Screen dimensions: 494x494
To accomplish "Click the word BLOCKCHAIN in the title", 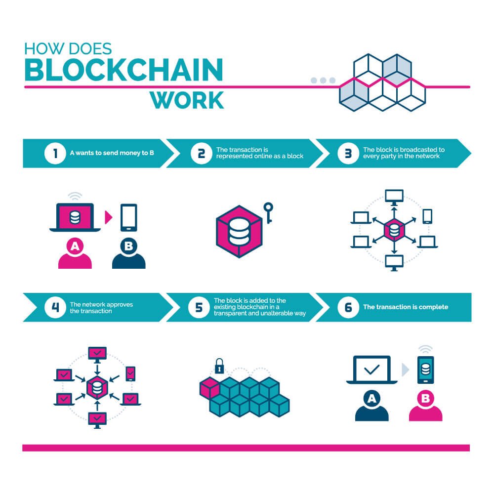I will [123, 70].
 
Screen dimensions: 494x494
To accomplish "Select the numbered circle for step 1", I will [55, 153].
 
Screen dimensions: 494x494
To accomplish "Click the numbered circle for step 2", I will [201, 153].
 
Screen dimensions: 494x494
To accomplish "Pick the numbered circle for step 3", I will [348, 153].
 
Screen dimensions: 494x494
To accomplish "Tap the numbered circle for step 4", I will [55, 307].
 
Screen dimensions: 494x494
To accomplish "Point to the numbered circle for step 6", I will [348, 307].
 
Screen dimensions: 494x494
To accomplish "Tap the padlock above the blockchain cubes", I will [219, 366].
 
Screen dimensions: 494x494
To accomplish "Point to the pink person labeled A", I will [75, 254].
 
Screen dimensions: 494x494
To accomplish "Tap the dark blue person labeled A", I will [371, 408].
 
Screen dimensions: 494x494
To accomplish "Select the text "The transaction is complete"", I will [406, 307].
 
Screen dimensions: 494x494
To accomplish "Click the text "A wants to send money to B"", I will [112, 153].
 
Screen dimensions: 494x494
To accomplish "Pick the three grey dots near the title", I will [323, 80].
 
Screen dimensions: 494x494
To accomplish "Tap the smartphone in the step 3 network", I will [427, 216].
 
